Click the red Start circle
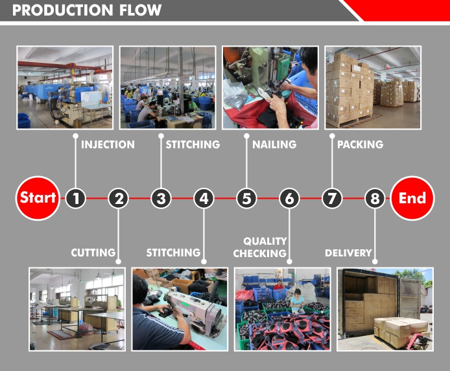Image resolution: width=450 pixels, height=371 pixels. (38, 198)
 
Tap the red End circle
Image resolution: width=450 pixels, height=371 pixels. (412, 198)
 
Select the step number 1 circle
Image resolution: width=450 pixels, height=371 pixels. (75, 198)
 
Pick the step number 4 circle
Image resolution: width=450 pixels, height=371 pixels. (204, 198)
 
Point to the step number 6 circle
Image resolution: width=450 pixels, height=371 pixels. (289, 198)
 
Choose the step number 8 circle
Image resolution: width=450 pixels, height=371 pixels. (375, 198)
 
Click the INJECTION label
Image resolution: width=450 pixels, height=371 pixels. (108, 144)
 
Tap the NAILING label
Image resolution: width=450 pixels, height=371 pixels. (274, 144)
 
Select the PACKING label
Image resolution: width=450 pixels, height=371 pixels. (360, 144)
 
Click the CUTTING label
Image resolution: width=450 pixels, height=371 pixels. (93, 253)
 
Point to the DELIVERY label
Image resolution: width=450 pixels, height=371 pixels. (348, 253)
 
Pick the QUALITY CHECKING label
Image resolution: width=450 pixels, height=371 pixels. (260, 247)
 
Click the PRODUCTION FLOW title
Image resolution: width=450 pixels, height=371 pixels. (87, 10)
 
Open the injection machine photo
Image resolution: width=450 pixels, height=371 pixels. (65, 87)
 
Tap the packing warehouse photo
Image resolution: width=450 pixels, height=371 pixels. (373, 87)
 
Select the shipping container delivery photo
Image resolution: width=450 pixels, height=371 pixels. (385, 309)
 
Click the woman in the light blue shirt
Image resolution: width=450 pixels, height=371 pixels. (297, 301)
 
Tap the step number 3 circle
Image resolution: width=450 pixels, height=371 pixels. (161, 198)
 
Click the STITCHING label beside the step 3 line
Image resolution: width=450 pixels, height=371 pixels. (193, 144)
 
